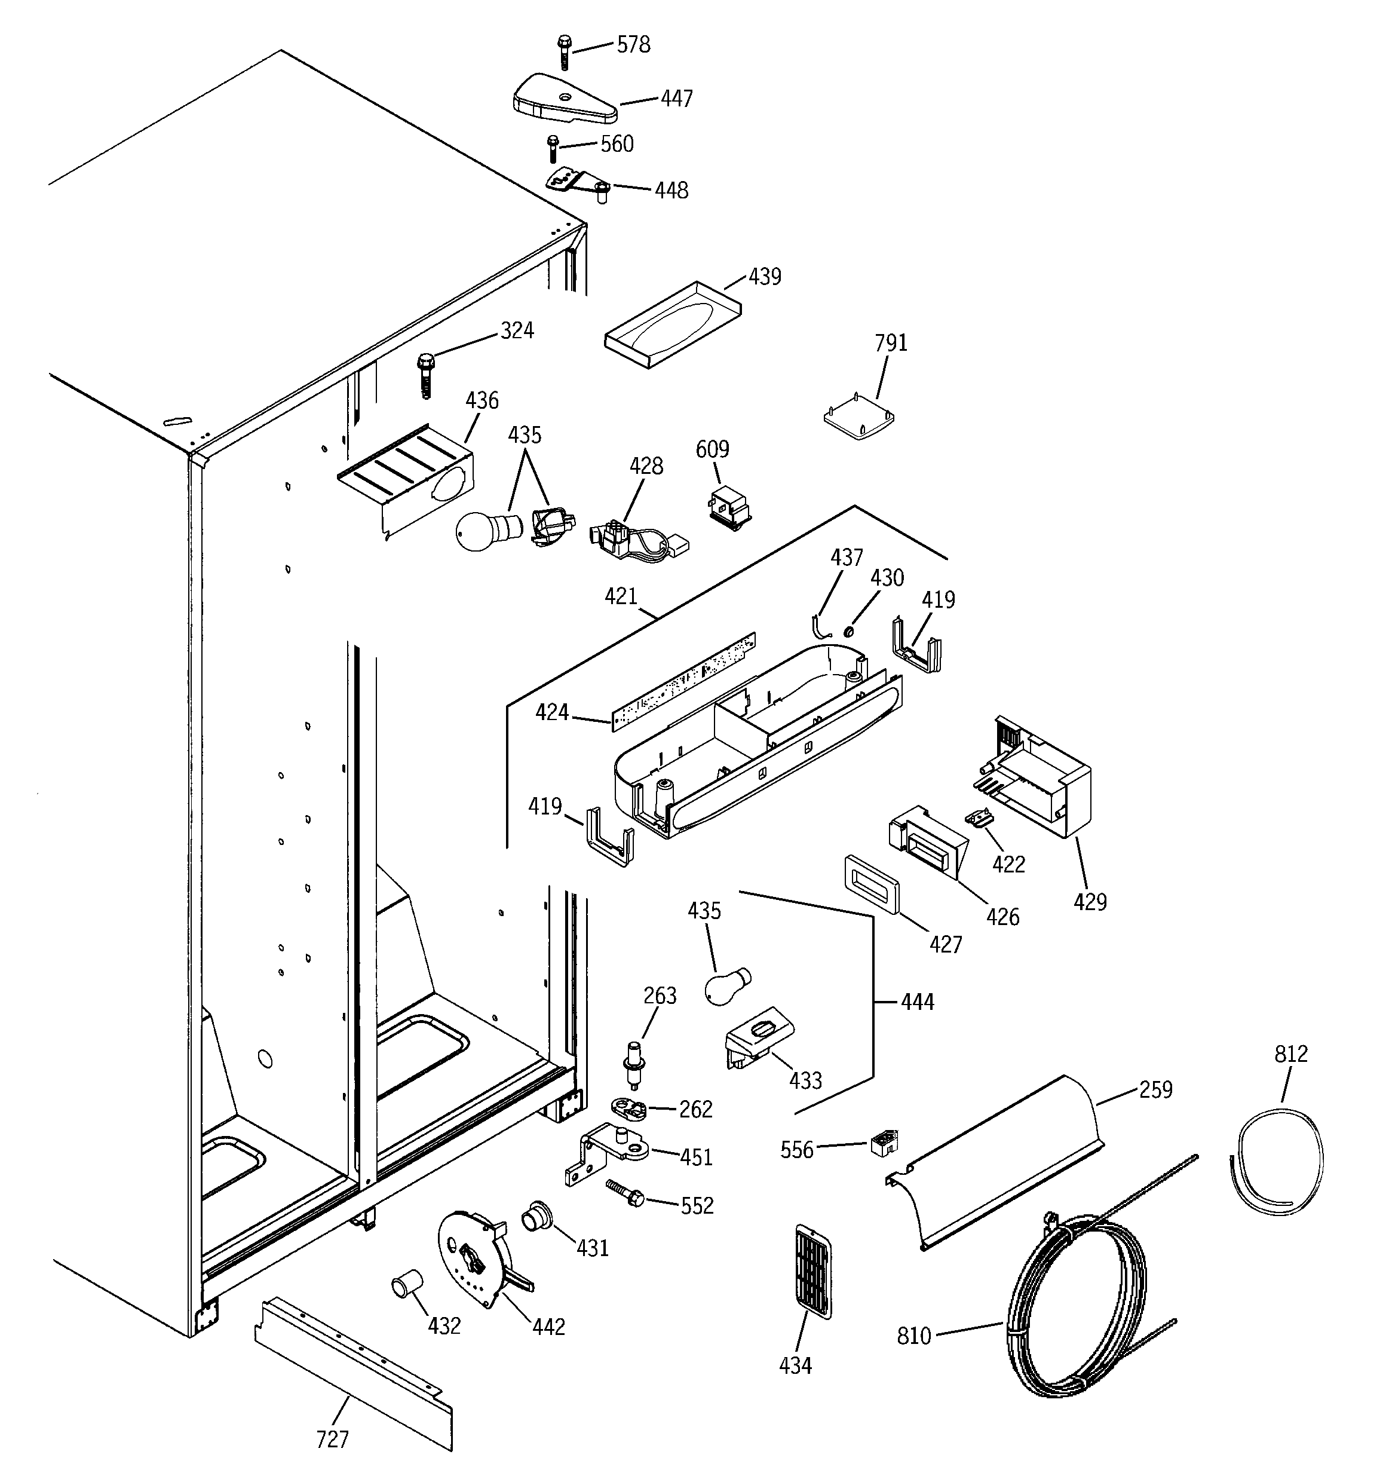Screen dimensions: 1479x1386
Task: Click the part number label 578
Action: pyautogui.click(x=633, y=45)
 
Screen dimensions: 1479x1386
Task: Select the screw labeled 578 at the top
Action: pyautogui.click(x=563, y=51)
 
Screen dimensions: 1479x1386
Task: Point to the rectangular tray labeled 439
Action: pyautogui.click(x=673, y=325)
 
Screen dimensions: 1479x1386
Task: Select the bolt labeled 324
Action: pyautogui.click(x=425, y=376)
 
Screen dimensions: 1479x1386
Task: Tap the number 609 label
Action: pyautogui.click(x=712, y=449)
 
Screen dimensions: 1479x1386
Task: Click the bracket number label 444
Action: pyautogui.click(x=917, y=1002)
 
